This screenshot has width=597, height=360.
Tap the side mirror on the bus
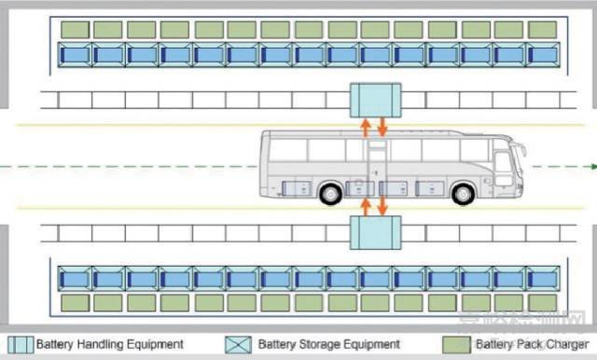pos(521,149)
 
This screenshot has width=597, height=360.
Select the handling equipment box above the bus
pos(375,98)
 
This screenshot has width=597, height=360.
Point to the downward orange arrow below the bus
pos(382,205)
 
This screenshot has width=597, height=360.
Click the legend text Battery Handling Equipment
pos(109,345)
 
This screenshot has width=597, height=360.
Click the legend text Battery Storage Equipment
pos(328,345)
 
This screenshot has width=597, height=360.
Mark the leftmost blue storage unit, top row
pos(75,54)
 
